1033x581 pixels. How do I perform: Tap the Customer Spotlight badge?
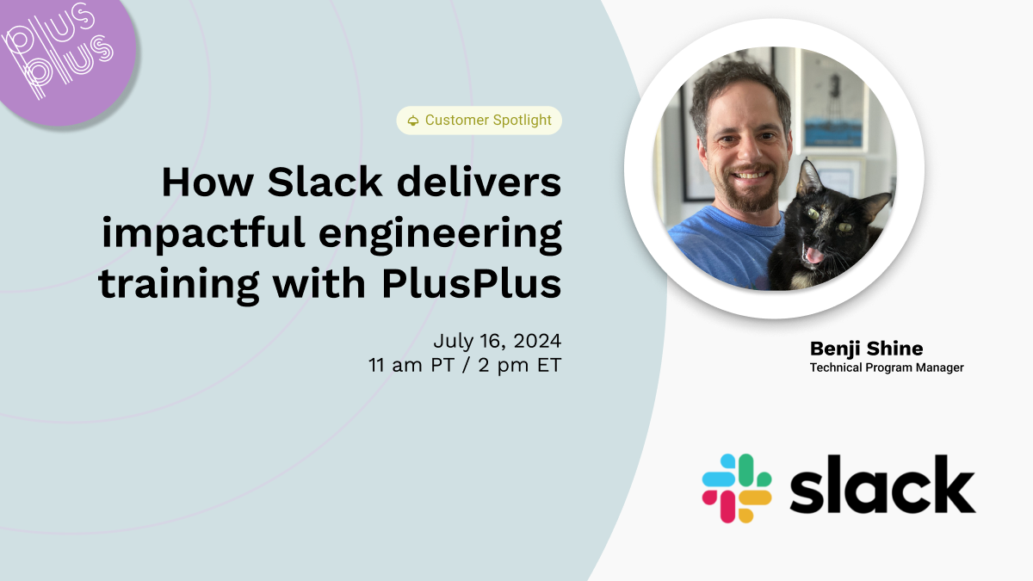point(479,121)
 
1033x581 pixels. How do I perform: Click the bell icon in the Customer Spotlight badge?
point(413,121)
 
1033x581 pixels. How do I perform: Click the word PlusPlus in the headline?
point(472,284)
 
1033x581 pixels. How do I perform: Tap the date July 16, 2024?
point(497,340)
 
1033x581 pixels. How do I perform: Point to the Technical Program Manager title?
point(886,368)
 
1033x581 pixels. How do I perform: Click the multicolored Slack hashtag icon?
point(736,488)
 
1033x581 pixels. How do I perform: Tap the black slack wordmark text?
point(881,485)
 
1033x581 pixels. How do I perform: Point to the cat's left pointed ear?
point(808,176)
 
